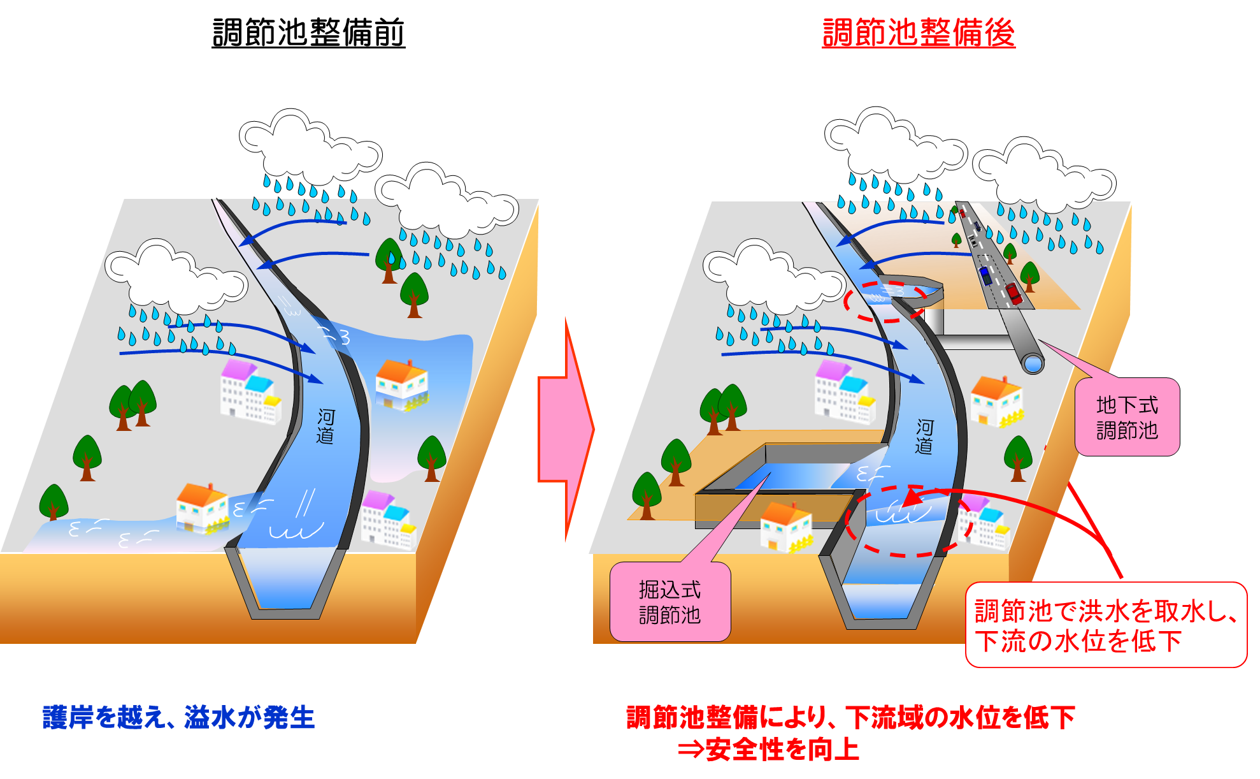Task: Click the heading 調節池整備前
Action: [x=308, y=33]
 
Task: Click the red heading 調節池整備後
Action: [x=919, y=33]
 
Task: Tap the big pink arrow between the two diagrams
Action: [x=566, y=430]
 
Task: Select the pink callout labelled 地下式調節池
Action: [x=1127, y=417]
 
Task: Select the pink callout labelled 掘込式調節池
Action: [x=670, y=601]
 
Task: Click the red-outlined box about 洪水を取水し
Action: [x=1106, y=625]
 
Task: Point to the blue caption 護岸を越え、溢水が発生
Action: [x=179, y=717]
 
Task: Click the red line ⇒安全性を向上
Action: [x=769, y=749]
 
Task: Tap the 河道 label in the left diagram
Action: [x=326, y=426]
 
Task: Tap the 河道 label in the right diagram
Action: [x=924, y=437]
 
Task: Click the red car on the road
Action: [x=1013, y=293]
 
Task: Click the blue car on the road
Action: [x=986, y=275]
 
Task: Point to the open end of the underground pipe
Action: [x=1033, y=363]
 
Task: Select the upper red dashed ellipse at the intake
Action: [x=885, y=302]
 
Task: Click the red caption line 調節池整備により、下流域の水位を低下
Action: [x=851, y=717]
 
